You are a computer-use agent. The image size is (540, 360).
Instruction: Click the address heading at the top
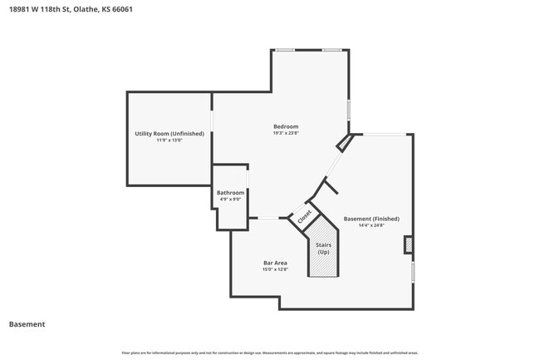pyautogui.click(x=71, y=9)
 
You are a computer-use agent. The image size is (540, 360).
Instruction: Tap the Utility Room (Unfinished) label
pyautogui.click(x=169, y=133)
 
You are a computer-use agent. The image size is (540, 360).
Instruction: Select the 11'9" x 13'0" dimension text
pyautogui.click(x=169, y=141)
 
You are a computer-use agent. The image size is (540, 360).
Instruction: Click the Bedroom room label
pyautogui.click(x=286, y=126)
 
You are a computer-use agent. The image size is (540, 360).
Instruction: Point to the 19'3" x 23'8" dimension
pyautogui.click(x=286, y=133)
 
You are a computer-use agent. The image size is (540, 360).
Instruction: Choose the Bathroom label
pyautogui.click(x=230, y=192)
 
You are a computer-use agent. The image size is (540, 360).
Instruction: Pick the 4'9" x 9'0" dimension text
pyautogui.click(x=230, y=199)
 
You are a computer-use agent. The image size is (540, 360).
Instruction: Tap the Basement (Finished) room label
pyautogui.click(x=371, y=219)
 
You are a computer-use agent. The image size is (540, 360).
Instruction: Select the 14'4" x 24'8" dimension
pyautogui.click(x=371, y=225)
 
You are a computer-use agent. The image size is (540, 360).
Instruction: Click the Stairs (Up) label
pyautogui.click(x=324, y=249)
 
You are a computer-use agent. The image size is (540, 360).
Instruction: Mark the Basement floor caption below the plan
pyautogui.click(x=27, y=324)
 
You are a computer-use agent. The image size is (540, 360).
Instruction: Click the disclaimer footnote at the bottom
pyautogui.click(x=270, y=353)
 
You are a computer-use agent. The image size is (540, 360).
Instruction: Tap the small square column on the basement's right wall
pyautogui.click(x=408, y=244)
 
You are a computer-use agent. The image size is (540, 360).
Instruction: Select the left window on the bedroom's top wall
pyautogui.click(x=285, y=50)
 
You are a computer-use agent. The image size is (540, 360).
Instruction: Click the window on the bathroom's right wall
pyautogui.click(x=248, y=181)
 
